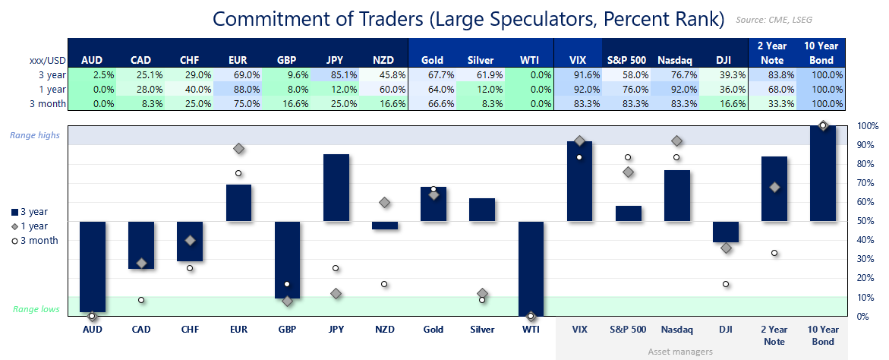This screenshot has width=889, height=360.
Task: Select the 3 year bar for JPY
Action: tap(336, 188)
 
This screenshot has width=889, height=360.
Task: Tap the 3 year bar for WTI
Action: tap(531, 268)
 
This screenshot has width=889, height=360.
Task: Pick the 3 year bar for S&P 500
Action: tap(628, 213)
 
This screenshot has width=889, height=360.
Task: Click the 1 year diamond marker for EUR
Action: tap(238, 149)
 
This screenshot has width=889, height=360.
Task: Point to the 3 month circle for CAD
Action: tap(141, 300)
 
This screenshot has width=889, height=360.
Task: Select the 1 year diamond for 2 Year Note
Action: tap(774, 187)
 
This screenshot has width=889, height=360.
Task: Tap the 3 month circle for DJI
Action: tap(726, 284)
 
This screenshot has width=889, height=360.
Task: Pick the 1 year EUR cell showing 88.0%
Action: tap(238, 89)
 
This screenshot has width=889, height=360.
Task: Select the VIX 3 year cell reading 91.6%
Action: tap(580, 74)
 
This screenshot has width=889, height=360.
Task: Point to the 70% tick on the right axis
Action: tap(867, 183)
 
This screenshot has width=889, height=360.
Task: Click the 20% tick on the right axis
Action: tap(867, 278)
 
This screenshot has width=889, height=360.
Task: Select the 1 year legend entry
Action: tap(34, 226)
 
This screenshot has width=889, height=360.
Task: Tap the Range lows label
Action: tap(36, 310)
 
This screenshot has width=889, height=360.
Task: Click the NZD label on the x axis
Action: tap(384, 330)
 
